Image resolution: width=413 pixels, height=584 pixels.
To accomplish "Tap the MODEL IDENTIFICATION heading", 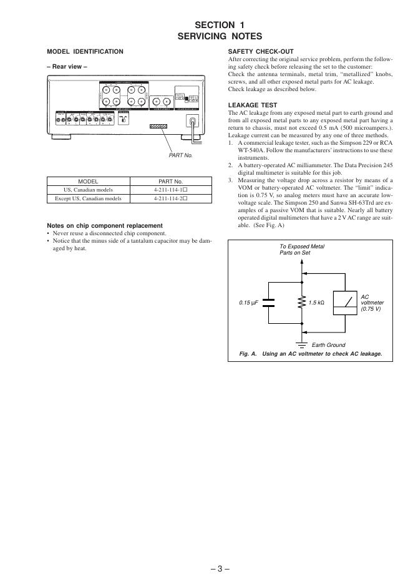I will tap(85, 51).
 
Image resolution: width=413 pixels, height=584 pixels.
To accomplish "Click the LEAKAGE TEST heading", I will tap(253, 105).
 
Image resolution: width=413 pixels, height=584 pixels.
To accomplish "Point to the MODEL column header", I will tap(88, 181).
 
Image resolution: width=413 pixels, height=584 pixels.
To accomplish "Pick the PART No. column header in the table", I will tap(170, 181).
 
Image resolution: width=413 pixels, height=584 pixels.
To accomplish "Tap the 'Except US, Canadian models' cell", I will tap(88, 198).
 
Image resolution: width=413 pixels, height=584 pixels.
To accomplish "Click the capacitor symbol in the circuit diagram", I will tap(269, 303).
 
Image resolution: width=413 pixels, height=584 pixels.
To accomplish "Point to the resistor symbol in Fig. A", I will tap(303, 303).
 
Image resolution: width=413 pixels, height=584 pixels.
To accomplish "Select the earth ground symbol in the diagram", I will tap(303, 344).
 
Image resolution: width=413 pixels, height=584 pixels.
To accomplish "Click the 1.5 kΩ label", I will tap(317, 303).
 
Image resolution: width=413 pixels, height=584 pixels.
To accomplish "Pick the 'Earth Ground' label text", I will tap(328, 345).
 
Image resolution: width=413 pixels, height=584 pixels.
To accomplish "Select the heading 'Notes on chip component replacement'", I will tap(105, 225).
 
